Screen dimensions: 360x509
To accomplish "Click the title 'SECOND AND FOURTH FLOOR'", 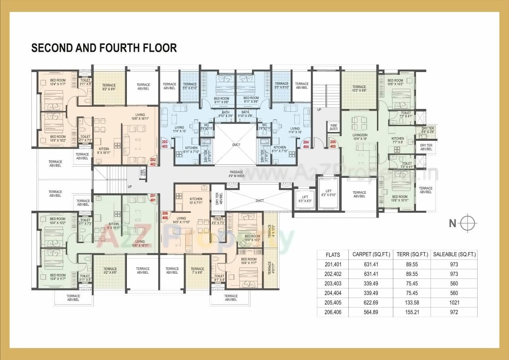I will pos(104,48).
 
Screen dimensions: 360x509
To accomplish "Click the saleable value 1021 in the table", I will pos(454,303).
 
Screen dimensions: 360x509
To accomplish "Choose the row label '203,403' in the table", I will pos(333,284).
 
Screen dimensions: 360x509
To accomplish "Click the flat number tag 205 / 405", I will pos(333,144).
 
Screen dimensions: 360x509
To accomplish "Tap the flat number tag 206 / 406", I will pos(165,216).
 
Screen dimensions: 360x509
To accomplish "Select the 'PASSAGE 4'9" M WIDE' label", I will pos(236,174).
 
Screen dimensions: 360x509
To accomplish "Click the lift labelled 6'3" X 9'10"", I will pos(328,193).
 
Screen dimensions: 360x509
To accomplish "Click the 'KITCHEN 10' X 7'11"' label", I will pos(196,201).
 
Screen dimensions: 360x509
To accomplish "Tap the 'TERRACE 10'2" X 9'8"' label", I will pos(359,89).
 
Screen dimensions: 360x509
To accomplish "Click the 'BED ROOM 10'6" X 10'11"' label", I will pos(399,198).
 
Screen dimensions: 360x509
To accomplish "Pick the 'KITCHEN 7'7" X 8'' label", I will pos(397,140).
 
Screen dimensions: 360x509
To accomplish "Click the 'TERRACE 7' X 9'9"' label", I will pos(197,271).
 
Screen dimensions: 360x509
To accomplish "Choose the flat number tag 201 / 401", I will pos(153,198).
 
